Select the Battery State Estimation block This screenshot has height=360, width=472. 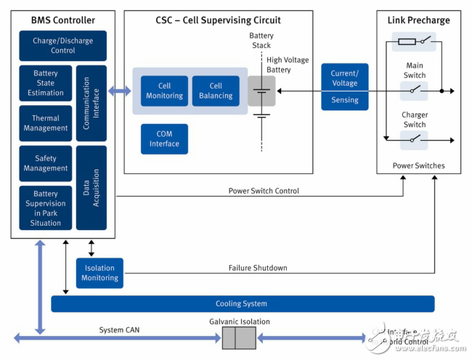click(45, 83)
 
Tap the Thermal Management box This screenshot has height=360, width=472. click(45, 123)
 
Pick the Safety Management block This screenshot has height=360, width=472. click(45, 163)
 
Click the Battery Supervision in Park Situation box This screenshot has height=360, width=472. click(45, 208)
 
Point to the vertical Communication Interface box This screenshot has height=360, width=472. click(91, 103)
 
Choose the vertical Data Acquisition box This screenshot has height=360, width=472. click(91, 188)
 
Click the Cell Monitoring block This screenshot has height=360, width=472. click(164, 91)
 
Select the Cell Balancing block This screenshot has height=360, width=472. click(216, 91)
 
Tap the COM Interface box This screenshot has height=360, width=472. click(164, 139)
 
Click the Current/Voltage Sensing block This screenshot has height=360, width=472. click(345, 86)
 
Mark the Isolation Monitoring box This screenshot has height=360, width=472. click(99, 273)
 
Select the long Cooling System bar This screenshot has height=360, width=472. click(242, 303)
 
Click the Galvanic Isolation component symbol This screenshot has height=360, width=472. click(239, 338)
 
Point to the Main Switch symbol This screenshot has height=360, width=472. click(414, 91)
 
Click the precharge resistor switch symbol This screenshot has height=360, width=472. click(414, 41)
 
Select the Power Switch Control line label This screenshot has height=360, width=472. click(263, 192)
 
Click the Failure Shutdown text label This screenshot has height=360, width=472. click(258, 269)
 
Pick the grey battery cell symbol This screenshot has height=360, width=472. click(261, 91)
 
